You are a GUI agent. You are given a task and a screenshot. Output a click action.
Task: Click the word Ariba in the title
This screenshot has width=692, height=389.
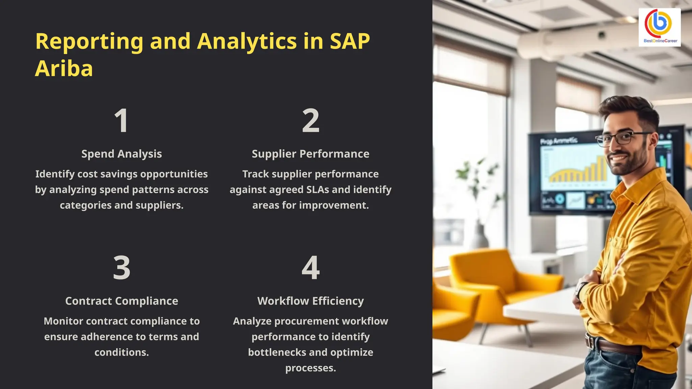click(x=64, y=69)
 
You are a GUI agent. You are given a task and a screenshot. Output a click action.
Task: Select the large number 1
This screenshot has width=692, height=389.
click(x=121, y=121)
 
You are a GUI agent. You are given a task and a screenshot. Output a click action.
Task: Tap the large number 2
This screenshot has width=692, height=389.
click(x=311, y=121)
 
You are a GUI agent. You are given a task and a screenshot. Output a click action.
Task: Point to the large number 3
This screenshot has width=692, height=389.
click(x=122, y=268)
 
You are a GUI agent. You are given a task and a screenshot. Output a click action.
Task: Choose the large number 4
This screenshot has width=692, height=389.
click(x=311, y=268)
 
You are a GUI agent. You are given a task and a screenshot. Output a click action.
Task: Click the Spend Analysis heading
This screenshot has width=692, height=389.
click(x=122, y=154)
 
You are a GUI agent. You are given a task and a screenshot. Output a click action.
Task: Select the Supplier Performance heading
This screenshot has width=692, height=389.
click(x=311, y=154)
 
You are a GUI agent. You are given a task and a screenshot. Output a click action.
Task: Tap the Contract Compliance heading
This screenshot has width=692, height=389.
click(x=122, y=301)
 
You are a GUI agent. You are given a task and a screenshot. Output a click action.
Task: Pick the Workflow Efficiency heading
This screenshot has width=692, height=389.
click(x=311, y=301)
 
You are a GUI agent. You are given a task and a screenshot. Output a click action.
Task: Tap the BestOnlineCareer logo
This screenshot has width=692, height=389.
click(x=659, y=27)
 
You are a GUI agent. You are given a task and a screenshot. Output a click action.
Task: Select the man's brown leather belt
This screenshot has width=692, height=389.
click(x=615, y=346)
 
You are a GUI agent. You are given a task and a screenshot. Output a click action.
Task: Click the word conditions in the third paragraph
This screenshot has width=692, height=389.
click(x=121, y=352)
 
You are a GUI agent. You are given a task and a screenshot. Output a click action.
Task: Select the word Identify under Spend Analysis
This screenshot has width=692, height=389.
click(x=55, y=174)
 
